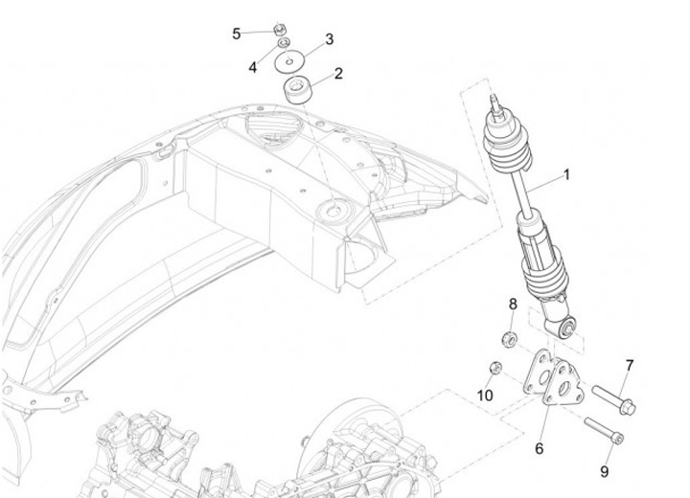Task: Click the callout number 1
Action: [x=593, y=174]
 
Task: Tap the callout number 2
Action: [x=337, y=73]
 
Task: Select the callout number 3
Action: [x=329, y=39]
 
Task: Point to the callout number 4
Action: [x=253, y=67]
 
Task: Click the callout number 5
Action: [x=237, y=34]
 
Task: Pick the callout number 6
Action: [x=539, y=447]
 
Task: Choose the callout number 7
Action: [x=630, y=365]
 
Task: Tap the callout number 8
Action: [x=513, y=304]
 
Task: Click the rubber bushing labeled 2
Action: [x=302, y=91]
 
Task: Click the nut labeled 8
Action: [x=512, y=336]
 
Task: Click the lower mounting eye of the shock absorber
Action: [x=568, y=328]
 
